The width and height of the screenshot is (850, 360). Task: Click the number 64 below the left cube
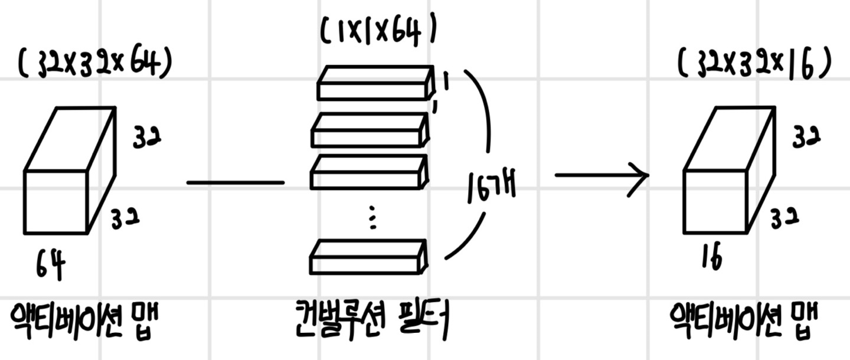click(x=51, y=267)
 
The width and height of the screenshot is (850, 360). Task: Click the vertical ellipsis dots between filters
click(x=372, y=217)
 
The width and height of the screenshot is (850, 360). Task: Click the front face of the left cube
click(x=55, y=202)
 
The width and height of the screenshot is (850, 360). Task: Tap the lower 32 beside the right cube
click(x=784, y=220)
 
